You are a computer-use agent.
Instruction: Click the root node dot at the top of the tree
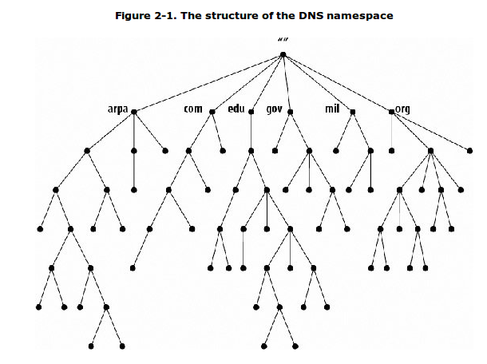(x=283, y=55)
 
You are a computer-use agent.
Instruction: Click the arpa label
(x=117, y=109)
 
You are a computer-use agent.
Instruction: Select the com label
(x=193, y=109)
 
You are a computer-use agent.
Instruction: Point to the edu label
(x=236, y=109)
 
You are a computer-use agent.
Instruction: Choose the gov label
(x=275, y=109)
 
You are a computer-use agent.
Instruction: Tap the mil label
(x=333, y=109)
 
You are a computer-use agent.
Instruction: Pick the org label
(x=403, y=109)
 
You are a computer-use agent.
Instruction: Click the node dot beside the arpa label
(x=134, y=112)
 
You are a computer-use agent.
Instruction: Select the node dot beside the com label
(x=212, y=112)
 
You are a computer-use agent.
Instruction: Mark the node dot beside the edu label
(x=251, y=112)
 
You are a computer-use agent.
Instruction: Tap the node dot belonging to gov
(x=290, y=112)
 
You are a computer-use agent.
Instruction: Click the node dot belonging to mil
(x=353, y=112)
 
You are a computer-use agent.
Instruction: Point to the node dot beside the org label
(x=391, y=112)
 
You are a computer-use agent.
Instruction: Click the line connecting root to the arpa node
(x=208, y=84)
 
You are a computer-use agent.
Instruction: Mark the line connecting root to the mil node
(x=318, y=84)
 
